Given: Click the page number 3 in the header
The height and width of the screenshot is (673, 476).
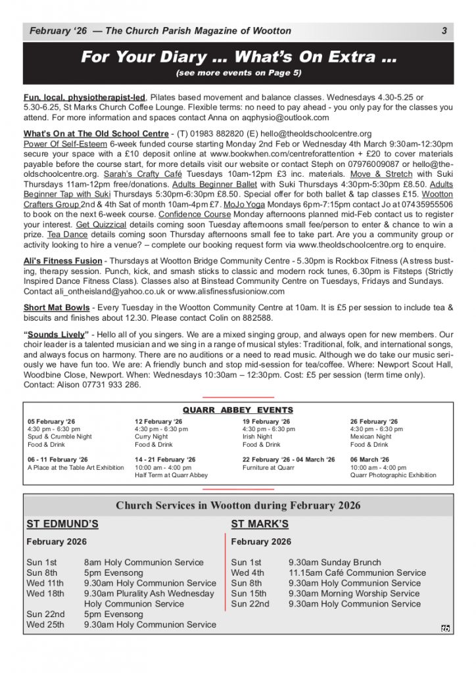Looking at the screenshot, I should pyautogui.click(x=444, y=31).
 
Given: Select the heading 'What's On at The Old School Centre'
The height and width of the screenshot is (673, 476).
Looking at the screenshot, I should pyautogui.click(x=96, y=133).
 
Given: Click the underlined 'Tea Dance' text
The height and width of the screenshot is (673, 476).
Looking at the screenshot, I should pyautogui.click(x=65, y=235).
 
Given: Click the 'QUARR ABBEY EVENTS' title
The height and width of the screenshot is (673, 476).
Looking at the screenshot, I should pyautogui.click(x=238, y=410).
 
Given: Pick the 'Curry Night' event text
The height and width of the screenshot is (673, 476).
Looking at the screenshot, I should pyautogui.click(x=151, y=436).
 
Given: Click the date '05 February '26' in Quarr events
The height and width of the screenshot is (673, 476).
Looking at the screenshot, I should pyautogui.click(x=51, y=421).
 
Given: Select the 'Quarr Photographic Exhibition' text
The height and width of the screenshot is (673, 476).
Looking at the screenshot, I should pyautogui.click(x=393, y=475).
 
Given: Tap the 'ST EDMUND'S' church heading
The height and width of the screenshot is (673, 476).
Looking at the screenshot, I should pyautogui.click(x=62, y=524).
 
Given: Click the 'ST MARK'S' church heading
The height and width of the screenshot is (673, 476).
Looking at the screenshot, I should pyautogui.click(x=260, y=524).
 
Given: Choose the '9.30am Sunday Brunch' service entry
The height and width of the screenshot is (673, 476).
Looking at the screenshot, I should pyautogui.click(x=335, y=563).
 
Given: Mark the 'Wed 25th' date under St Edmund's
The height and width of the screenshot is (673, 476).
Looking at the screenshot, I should pyautogui.click(x=45, y=625).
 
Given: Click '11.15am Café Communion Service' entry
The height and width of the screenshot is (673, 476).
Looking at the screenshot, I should pyautogui.click(x=357, y=573).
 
